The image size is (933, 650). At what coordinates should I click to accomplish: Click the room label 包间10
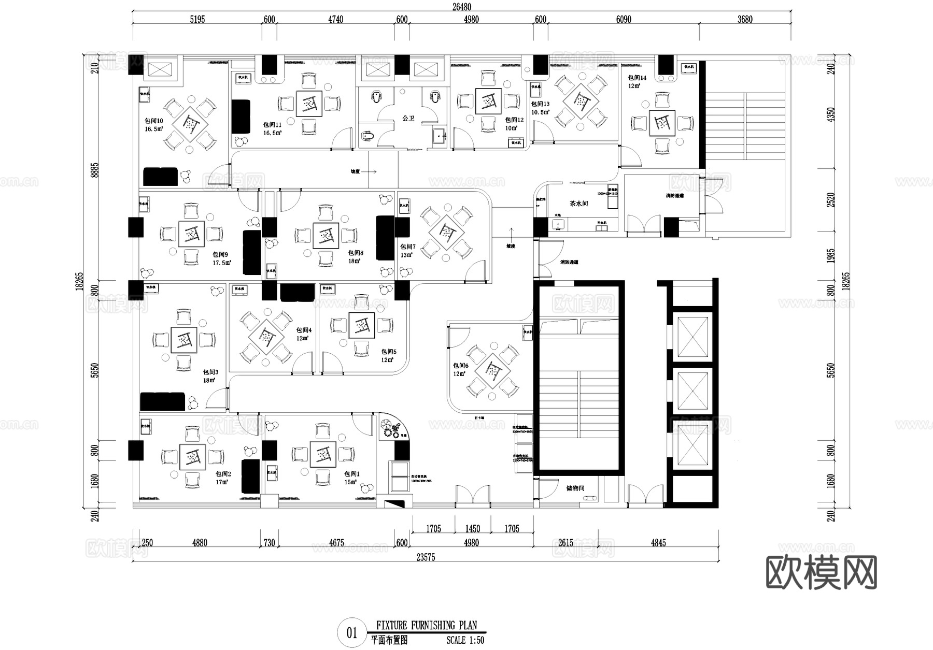pyautogui.click(x=154, y=121)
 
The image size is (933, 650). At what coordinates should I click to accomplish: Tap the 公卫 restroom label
pyautogui.click(x=408, y=119)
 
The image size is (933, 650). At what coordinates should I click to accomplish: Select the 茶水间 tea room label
pyautogui.click(x=578, y=204)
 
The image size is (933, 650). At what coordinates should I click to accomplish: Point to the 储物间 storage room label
pyautogui.click(x=575, y=488)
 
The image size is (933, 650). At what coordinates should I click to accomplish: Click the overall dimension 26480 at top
pyautogui.click(x=461, y=7)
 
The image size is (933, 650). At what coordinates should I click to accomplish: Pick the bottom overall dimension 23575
pyautogui.click(x=426, y=557)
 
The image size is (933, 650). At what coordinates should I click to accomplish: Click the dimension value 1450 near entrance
pyautogui.click(x=472, y=529)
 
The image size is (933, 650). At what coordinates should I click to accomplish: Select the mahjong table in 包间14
pyautogui.click(x=662, y=123)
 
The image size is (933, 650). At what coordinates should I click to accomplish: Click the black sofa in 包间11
pyautogui.click(x=241, y=117)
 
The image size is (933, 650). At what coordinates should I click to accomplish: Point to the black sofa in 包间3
pyautogui.click(x=162, y=401)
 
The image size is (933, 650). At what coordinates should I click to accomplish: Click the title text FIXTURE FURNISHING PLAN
pyautogui.click(x=426, y=625)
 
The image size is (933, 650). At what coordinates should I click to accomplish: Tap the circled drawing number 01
pyautogui.click(x=352, y=633)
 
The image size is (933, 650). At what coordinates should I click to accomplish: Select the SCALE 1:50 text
pyautogui.click(x=465, y=640)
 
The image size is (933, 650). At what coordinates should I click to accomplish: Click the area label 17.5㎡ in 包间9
pyautogui.click(x=222, y=263)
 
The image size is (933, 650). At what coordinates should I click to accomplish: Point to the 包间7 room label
pyautogui.click(x=407, y=247)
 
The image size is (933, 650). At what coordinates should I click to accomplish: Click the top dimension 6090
pyautogui.click(x=624, y=19)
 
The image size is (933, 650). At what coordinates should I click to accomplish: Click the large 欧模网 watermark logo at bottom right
pyautogui.click(x=821, y=573)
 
